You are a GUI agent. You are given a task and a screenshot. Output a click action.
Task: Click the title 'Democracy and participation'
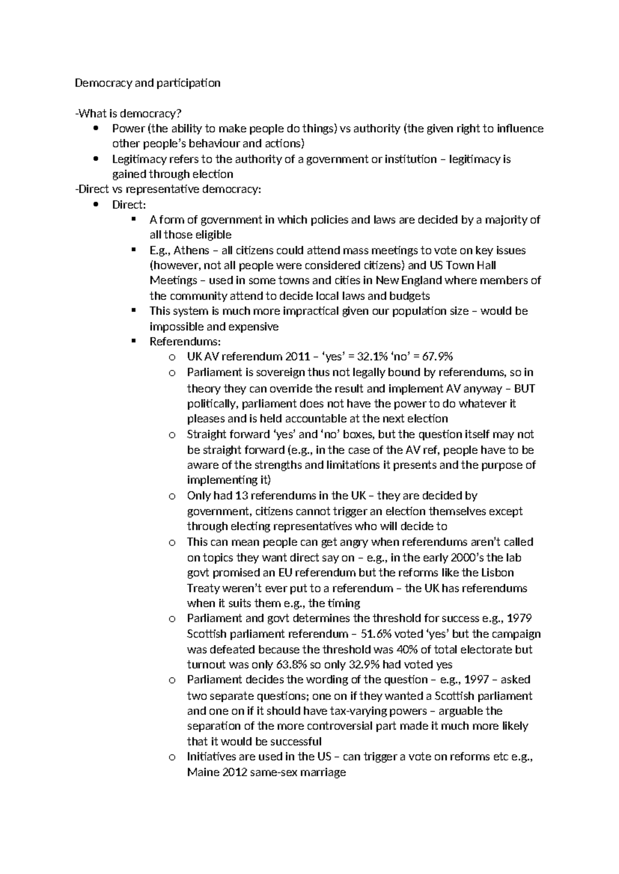click(148, 83)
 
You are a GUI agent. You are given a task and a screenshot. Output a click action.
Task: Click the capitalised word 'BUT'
click(524, 389)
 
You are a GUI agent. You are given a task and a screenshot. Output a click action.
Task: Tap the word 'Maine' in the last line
click(203, 772)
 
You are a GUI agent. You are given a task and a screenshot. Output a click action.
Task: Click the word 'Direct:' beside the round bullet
click(129, 205)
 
